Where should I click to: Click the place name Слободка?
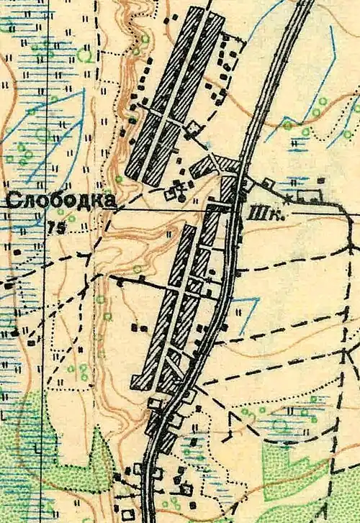pyautogui.click(x=60, y=201)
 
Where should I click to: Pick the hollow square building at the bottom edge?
pyautogui.click(x=127, y=515)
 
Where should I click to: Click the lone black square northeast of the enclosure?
pyautogui.click(x=323, y=181)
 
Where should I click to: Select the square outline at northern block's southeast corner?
pyautogui.click(x=194, y=129)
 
